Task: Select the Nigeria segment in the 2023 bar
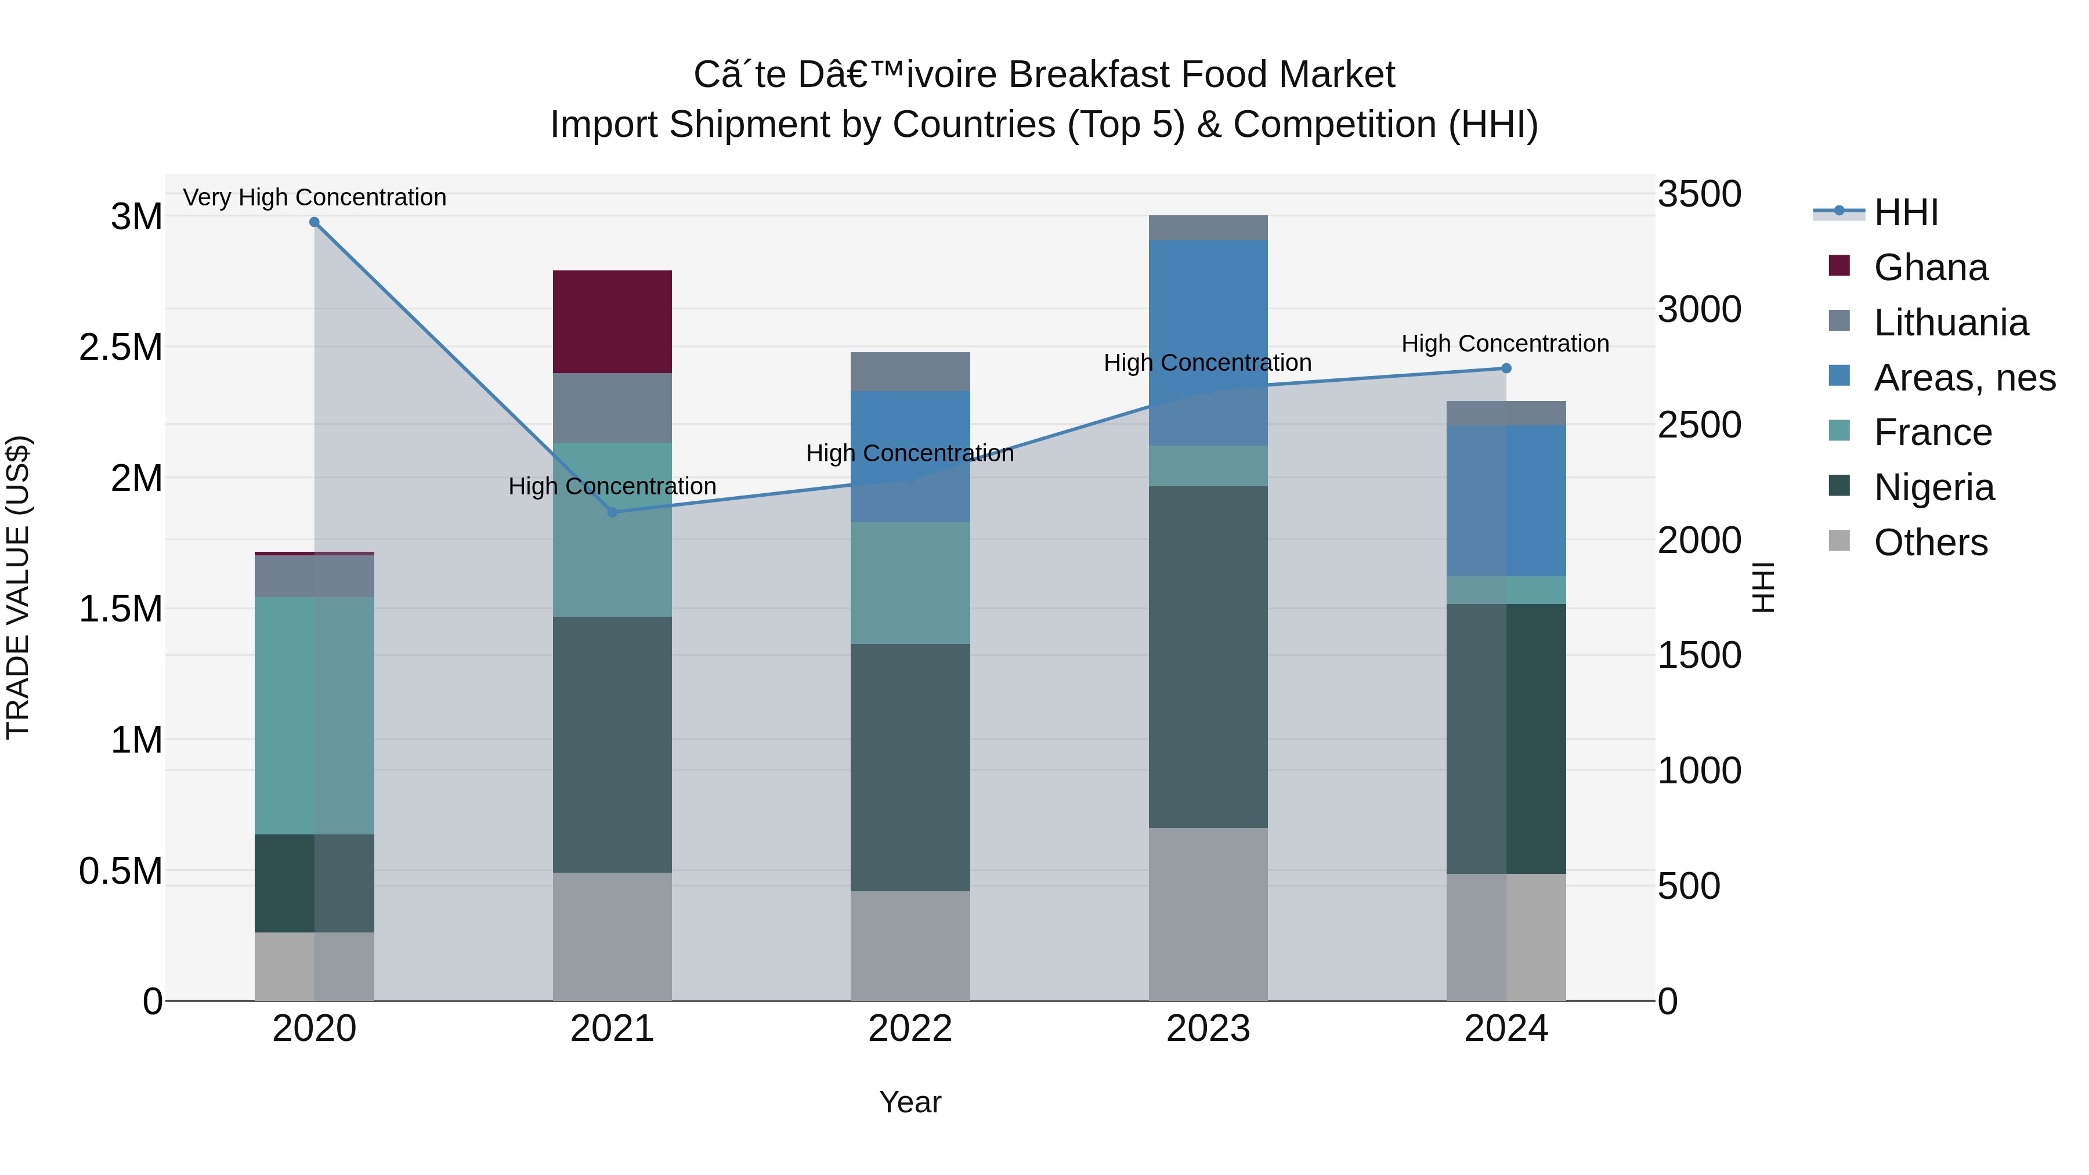pyautogui.click(x=1208, y=657)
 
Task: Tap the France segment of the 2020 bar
pyautogui.click(x=314, y=715)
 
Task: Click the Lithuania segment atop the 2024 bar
pyautogui.click(x=1506, y=413)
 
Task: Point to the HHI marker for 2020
pyautogui.click(x=315, y=222)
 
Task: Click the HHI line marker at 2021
pyautogui.click(x=612, y=512)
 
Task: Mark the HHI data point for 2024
pyautogui.click(x=1506, y=368)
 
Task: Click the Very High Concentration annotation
pyautogui.click(x=315, y=198)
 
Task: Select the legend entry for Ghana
pyautogui.click(x=1930, y=267)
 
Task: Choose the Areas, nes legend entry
pyautogui.click(x=1963, y=378)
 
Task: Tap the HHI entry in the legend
pyautogui.click(x=1906, y=212)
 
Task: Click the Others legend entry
pyautogui.click(x=1930, y=543)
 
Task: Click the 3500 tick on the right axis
pyautogui.click(x=1699, y=194)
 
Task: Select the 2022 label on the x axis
pyautogui.click(x=910, y=1029)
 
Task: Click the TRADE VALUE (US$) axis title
pyautogui.click(x=18, y=587)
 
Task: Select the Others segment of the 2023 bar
pyautogui.click(x=1208, y=914)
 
